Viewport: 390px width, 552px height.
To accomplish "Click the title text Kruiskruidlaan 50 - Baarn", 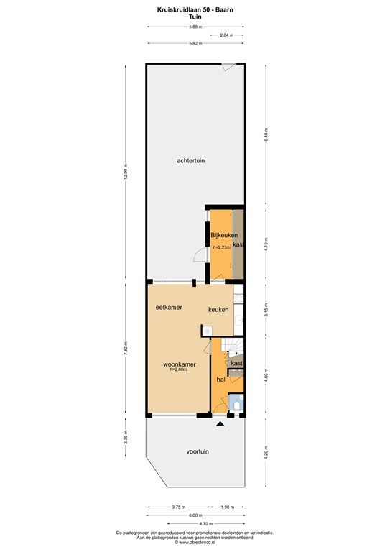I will click(x=195, y=9).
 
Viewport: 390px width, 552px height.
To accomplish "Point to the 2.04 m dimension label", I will click(x=226, y=35).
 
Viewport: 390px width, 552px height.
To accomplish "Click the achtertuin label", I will click(x=191, y=161).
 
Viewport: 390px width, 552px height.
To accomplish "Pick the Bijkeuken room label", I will click(x=223, y=235).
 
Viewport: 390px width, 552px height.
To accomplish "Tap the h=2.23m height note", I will click(x=222, y=247).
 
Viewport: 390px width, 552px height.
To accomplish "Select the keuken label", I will click(x=218, y=310).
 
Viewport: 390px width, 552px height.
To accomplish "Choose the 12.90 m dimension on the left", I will click(x=126, y=172).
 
